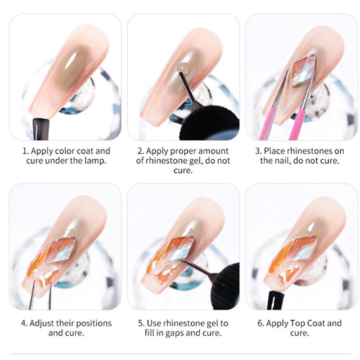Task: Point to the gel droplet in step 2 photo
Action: (184, 69)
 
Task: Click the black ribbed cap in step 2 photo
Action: (209, 123)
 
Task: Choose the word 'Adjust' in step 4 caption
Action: (41, 324)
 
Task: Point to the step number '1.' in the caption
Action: (26, 151)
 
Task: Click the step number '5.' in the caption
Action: (141, 324)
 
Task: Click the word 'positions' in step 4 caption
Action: (94, 324)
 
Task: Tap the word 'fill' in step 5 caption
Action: (150, 333)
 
